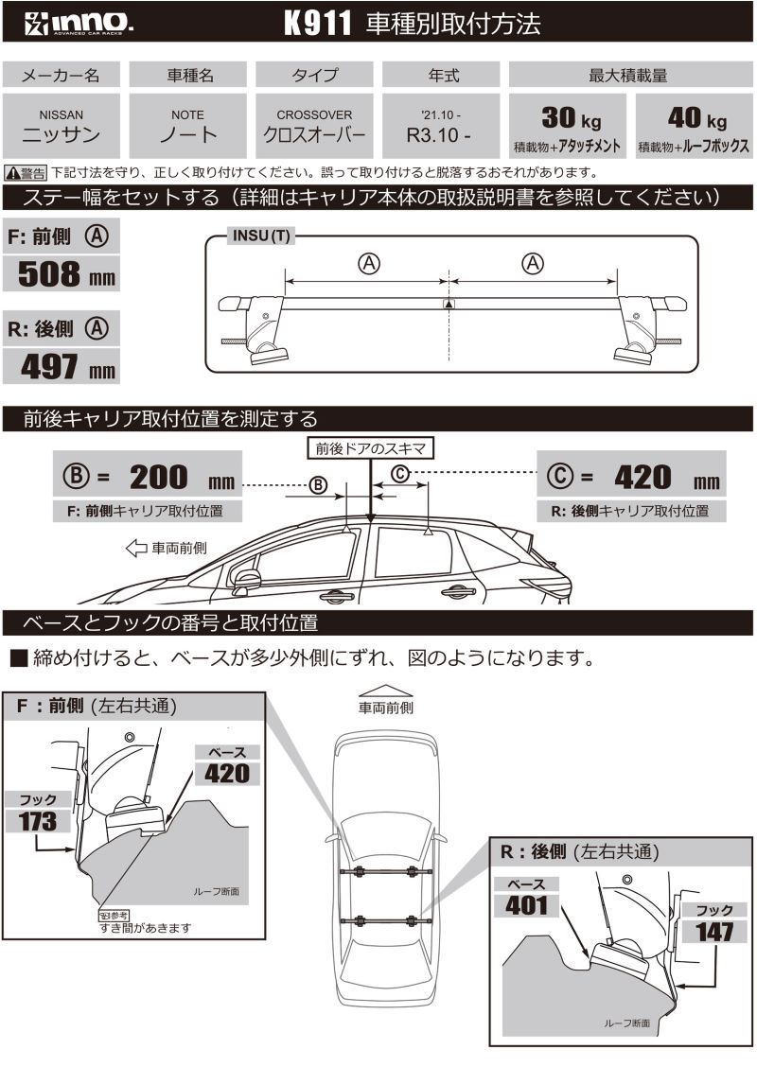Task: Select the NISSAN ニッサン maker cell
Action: [x=61, y=125]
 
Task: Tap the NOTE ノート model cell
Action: [x=188, y=125]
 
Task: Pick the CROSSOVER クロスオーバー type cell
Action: [x=314, y=125]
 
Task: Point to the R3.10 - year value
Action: [x=438, y=134]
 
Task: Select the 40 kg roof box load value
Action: [x=695, y=119]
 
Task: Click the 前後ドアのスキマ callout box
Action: [x=371, y=448]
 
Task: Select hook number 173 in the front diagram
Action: [x=39, y=821]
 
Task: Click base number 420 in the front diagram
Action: [x=227, y=772]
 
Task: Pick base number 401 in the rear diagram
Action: [x=527, y=904]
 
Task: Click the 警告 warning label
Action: [x=26, y=173]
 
